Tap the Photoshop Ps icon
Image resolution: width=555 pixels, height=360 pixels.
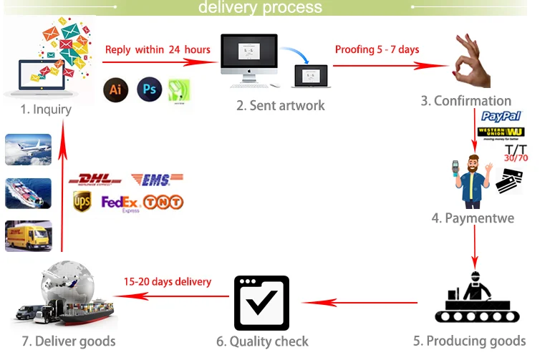(x=150, y=89)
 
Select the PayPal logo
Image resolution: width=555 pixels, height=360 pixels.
(x=501, y=116)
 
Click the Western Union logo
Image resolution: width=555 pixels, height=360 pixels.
(x=501, y=132)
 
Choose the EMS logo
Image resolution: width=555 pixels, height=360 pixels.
(x=157, y=180)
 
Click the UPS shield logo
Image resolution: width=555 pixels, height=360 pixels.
(x=82, y=202)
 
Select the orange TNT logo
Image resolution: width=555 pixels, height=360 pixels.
(x=163, y=203)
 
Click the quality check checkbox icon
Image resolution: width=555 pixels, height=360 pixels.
(x=261, y=303)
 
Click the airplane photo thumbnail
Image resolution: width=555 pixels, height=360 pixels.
(x=29, y=149)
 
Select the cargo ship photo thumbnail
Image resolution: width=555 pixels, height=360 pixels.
(x=29, y=193)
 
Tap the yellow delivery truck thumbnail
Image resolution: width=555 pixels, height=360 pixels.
(x=29, y=236)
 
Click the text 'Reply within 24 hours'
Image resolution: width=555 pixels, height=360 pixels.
(x=158, y=49)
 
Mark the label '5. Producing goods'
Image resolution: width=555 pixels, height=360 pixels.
(x=469, y=341)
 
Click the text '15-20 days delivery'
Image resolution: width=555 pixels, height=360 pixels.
(x=168, y=282)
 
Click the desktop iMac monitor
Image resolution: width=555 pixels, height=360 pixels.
(x=248, y=57)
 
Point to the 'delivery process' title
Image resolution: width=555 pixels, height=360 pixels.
(x=260, y=8)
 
